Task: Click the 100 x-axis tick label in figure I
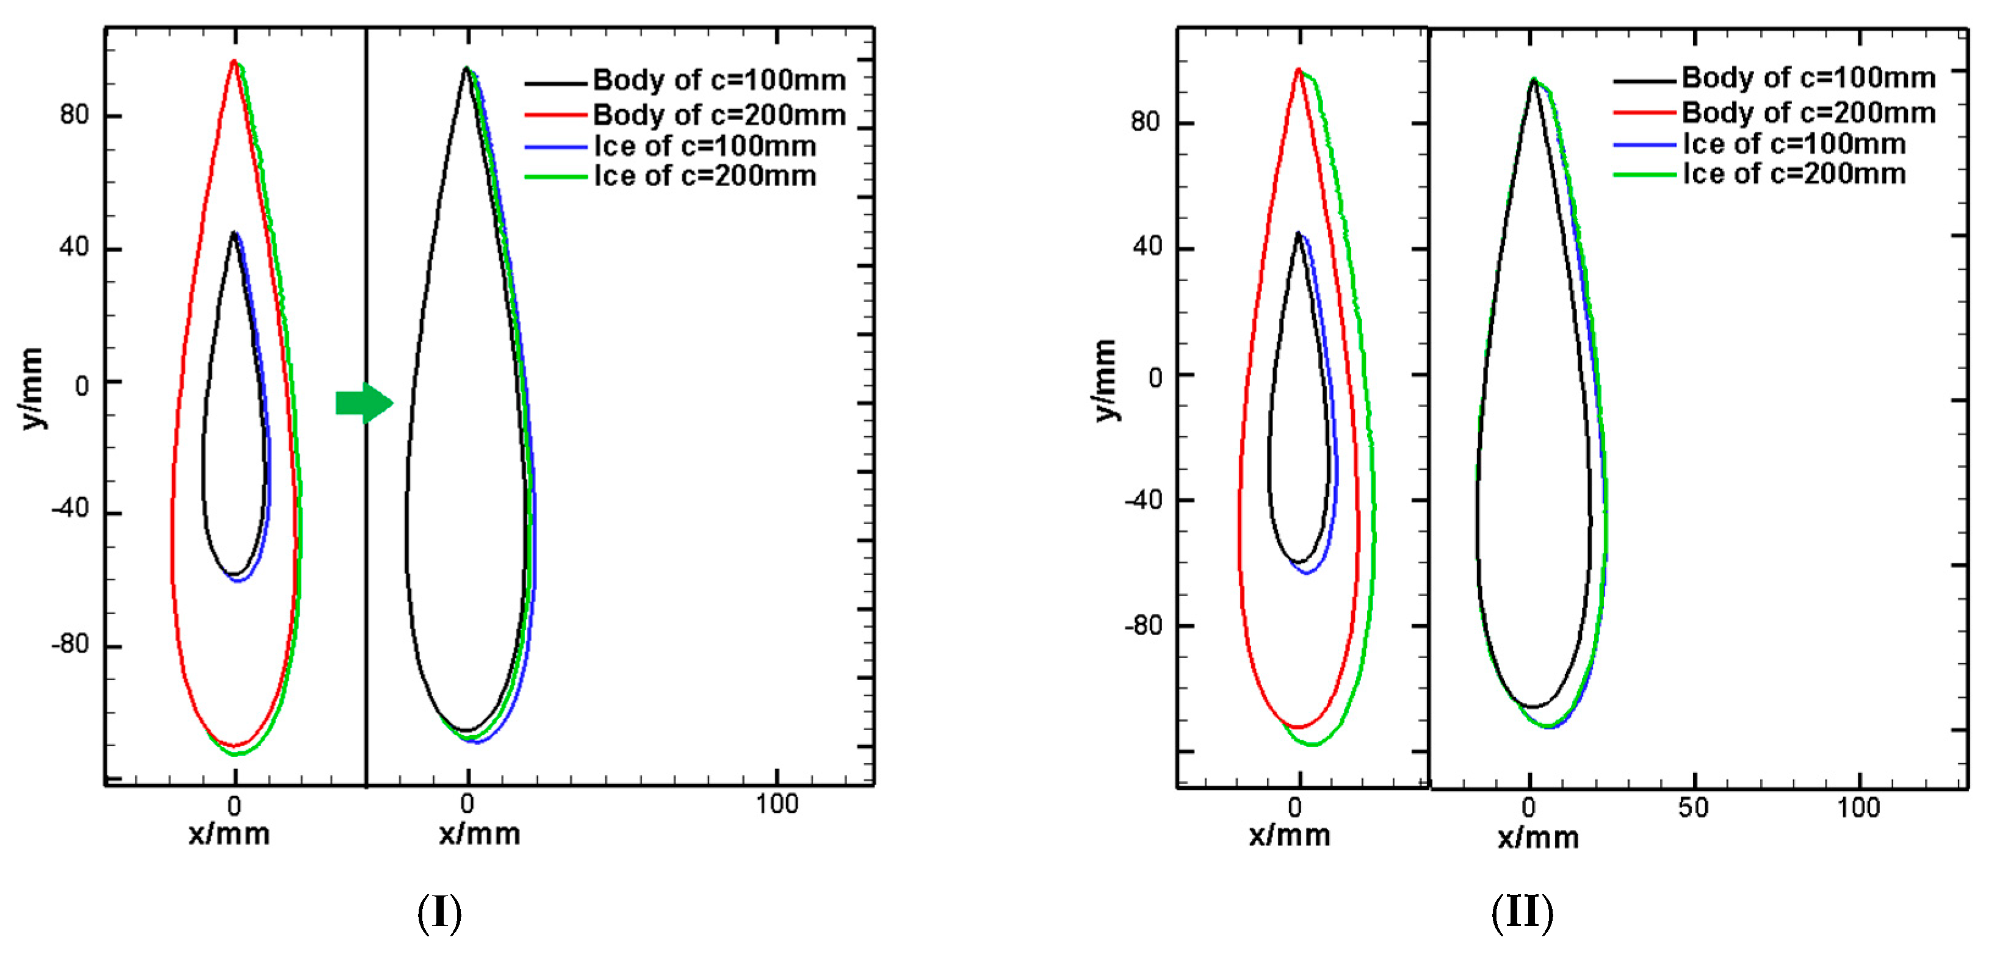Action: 776,804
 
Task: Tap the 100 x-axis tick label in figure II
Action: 1858,808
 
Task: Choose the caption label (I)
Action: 439,914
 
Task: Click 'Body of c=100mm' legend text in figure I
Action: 719,80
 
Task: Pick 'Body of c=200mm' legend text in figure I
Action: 719,115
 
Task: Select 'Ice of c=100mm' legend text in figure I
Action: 705,146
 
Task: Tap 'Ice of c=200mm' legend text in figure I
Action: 705,176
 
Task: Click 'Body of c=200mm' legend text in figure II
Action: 1808,113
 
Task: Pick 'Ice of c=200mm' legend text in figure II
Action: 1794,174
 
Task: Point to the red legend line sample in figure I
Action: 555,115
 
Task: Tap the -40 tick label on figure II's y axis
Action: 1144,500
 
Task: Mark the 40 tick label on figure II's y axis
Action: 1147,248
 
